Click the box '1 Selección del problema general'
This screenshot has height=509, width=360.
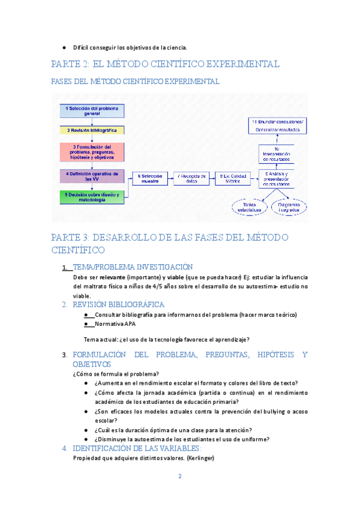[92, 110]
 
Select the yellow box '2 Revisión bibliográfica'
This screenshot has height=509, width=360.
[92, 130]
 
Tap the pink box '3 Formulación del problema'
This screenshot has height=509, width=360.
[92, 152]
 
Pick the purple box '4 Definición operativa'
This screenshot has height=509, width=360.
[92, 176]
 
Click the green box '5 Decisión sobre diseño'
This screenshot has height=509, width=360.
[92, 197]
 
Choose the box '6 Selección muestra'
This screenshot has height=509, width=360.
[149, 178]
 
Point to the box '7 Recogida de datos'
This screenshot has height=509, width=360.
[191, 178]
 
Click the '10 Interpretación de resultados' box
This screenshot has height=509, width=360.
[277, 154]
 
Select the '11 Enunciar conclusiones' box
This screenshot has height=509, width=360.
[278, 125]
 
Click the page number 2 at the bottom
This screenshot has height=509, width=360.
[179, 477]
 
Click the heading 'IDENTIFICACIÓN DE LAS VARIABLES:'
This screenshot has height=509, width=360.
[137, 448]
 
